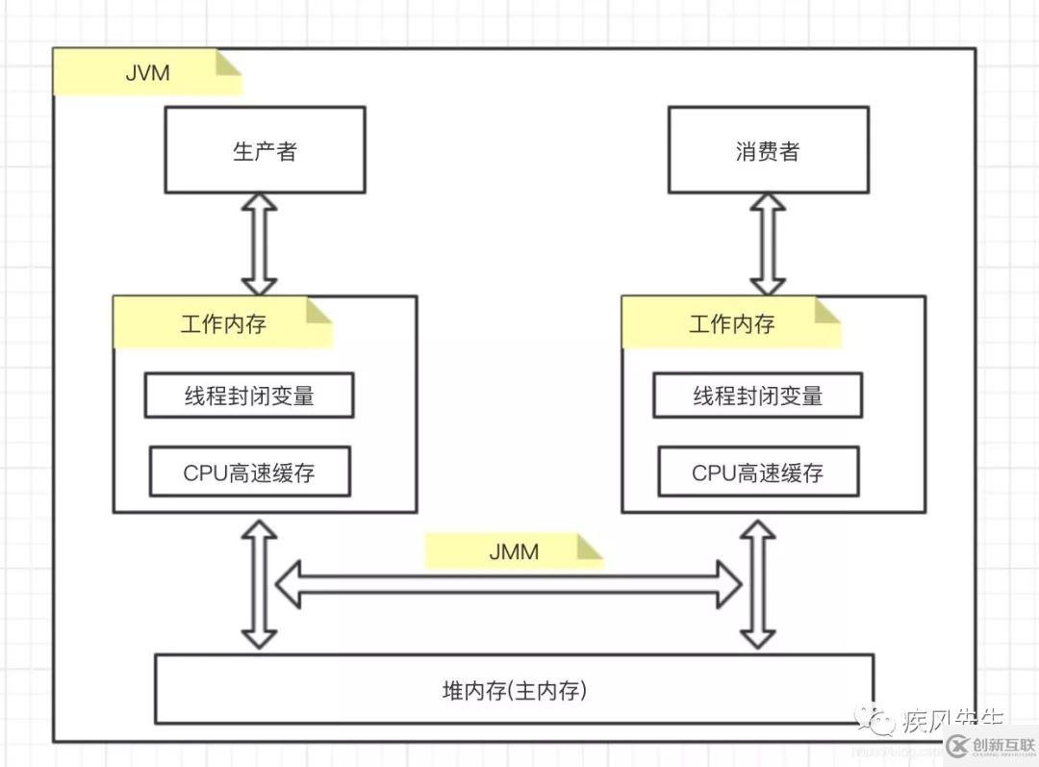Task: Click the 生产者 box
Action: [x=265, y=150]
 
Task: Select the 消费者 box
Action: [x=767, y=150]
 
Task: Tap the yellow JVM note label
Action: [x=146, y=73]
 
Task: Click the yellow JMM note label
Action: [x=514, y=551]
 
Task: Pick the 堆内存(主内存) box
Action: [x=514, y=689]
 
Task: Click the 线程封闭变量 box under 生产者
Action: [x=249, y=396]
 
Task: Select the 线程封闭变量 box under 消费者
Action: [x=758, y=396]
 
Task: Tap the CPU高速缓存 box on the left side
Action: [x=249, y=472]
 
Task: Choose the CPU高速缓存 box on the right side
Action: [x=758, y=472]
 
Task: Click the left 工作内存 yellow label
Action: [x=222, y=323]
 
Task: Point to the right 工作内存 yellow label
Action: [x=731, y=323]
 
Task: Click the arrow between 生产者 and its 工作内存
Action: [x=259, y=243]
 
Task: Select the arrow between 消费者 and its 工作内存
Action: [x=768, y=243]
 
